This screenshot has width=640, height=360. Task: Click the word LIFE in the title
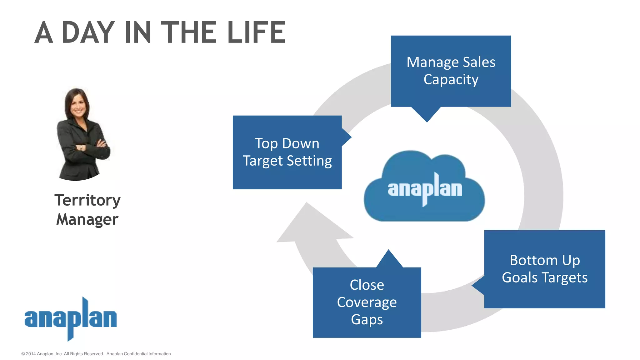coord(256,32)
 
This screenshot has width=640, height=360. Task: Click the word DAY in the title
coord(88,32)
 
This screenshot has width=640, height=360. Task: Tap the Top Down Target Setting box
coord(287,152)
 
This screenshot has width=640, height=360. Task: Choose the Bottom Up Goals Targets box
coord(544,269)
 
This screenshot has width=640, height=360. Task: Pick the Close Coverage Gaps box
coord(367,302)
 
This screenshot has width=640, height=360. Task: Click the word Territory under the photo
coord(87,200)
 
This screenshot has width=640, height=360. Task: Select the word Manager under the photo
coord(87,219)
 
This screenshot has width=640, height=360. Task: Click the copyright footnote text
coord(96,354)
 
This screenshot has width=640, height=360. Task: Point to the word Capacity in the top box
coord(451,80)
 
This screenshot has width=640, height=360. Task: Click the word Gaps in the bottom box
coord(367,320)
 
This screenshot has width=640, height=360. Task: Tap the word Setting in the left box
coord(309,161)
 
